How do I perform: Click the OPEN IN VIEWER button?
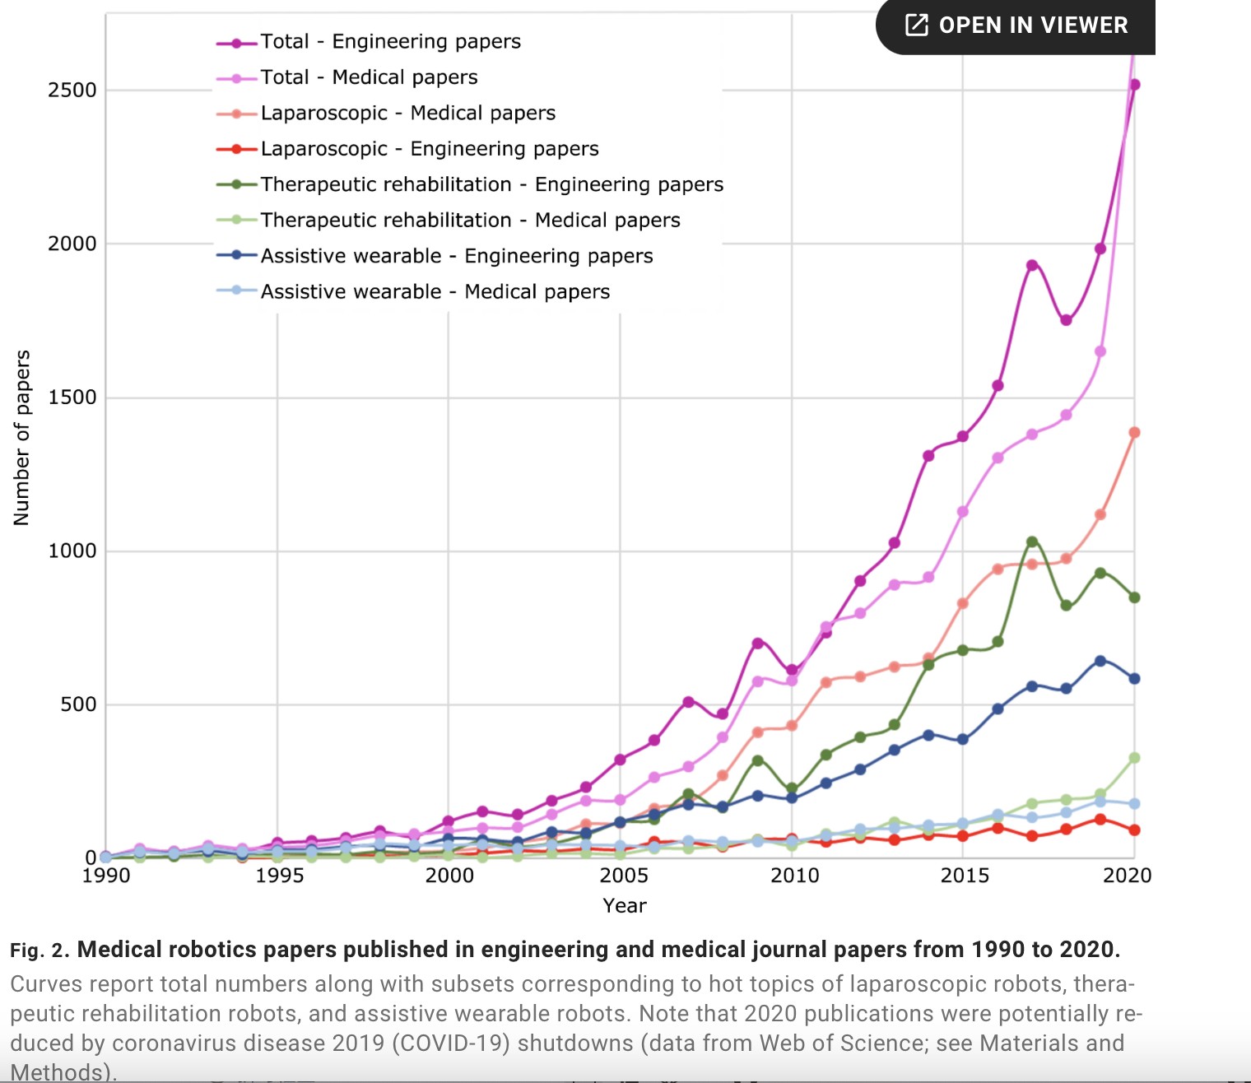coord(1016,26)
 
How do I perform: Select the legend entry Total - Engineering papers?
coord(390,42)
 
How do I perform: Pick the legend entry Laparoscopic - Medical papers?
coord(407,114)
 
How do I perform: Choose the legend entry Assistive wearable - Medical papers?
coord(435,292)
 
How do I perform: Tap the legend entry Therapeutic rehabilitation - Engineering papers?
coord(491,185)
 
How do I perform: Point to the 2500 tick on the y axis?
coord(72,90)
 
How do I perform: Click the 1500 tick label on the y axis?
coord(72,397)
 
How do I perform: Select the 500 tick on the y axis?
coord(78,704)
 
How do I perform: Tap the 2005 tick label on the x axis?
coord(623,876)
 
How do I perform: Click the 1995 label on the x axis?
coord(279,876)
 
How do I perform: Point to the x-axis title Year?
coord(625,906)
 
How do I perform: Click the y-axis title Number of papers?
coord(22,438)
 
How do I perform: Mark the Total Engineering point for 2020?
coord(1134,85)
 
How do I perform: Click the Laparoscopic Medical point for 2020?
coord(1134,433)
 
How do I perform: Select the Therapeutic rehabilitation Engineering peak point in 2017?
coord(1032,541)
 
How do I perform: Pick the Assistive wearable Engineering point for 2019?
coord(1100,661)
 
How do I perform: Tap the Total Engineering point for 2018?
coord(1066,320)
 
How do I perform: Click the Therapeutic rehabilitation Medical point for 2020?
coord(1134,758)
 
